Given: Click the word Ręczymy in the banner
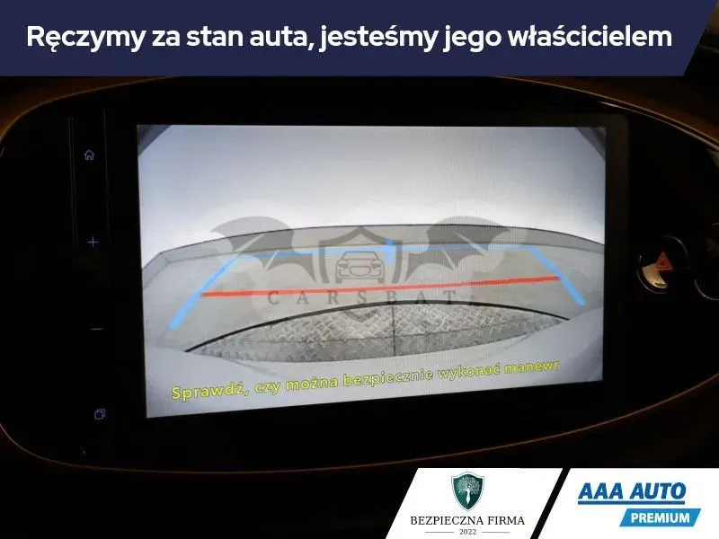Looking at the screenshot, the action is (85, 38).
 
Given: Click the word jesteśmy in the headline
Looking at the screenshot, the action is (378, 38).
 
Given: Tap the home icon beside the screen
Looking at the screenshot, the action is (89, 155).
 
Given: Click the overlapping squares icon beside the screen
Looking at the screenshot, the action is (100, 414).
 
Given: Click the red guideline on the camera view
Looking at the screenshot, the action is (380, 287).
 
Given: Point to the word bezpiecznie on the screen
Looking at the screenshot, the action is (388, 378).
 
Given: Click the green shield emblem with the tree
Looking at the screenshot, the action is (467, 491).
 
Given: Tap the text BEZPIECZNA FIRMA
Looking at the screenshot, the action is (467, 520).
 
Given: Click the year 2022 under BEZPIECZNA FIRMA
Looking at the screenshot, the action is (467, 532).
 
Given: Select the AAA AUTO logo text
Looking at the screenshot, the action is (632, 491).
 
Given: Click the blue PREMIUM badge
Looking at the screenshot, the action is (660, 518).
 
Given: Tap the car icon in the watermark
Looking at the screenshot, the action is (359, 266).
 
